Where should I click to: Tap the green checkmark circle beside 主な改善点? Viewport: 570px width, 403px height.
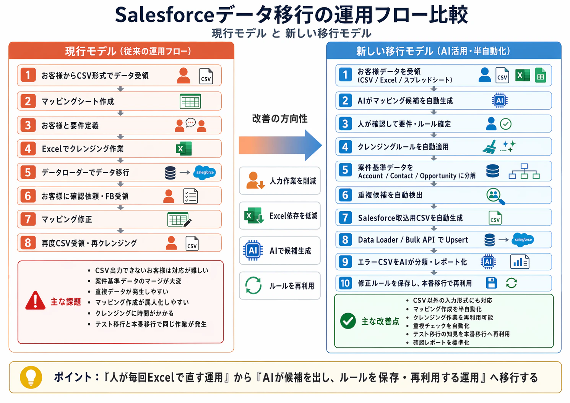pos(348,321)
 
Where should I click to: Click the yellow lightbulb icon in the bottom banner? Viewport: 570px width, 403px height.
pos(31,377)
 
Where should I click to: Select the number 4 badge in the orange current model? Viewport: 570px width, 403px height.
pos(28,149)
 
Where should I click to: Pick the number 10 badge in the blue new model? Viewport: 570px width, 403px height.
pos(345,283)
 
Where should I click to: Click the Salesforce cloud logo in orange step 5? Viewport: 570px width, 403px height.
pos(205,172)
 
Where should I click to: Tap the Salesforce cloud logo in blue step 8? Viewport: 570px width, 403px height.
pos(523,240)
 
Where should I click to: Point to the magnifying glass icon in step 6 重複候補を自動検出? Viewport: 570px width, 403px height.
pos(495,196)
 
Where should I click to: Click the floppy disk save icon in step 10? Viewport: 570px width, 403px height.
pos(491,283)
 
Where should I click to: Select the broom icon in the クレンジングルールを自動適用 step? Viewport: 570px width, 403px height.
pos(490,147)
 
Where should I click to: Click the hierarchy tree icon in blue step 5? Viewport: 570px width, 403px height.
pos(524,172)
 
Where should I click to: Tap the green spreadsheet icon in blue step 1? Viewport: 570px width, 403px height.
pos(540,75)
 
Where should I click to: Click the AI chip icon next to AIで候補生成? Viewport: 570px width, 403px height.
pos(253,251)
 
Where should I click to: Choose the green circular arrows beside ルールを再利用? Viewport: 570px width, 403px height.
pos(253,285)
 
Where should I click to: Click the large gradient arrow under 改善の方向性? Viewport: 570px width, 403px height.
pos(280,145)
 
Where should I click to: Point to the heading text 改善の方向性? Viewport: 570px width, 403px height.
pos(280,119)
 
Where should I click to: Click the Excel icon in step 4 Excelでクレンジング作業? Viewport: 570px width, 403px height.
pos(184,149)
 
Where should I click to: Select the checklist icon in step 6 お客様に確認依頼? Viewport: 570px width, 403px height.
pos(190,196)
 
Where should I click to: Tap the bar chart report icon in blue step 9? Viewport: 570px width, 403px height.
pos(520,262)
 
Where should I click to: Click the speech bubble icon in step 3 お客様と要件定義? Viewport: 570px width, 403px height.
pos(190,122)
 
